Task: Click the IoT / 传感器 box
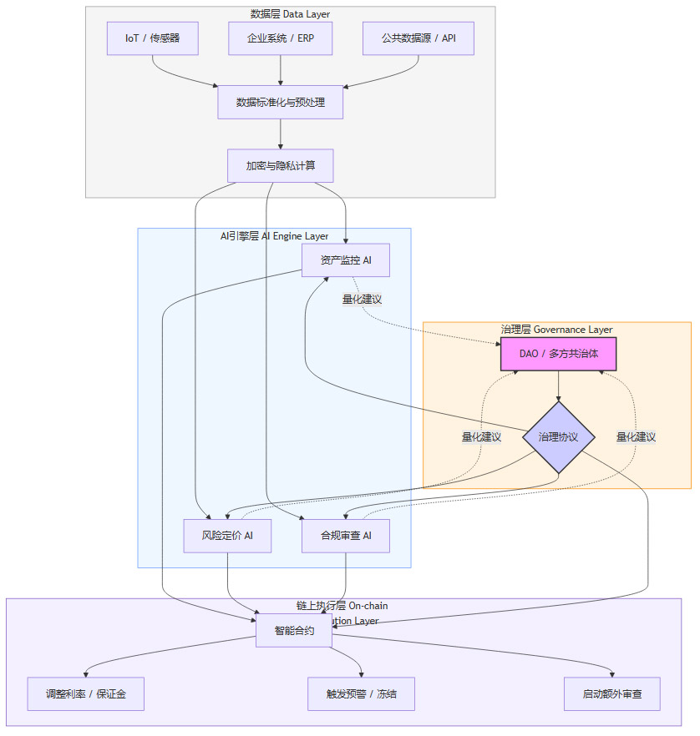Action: click(152, 38)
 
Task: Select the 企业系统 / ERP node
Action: click(280, 38)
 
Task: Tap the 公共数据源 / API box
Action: click(418, 38)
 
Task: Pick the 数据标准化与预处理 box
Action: click(280, 102)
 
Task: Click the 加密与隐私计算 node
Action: click(280, 165)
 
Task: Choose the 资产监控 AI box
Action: click(345, 260)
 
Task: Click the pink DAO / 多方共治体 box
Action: click(558, 354)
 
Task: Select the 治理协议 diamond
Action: click(558, 436)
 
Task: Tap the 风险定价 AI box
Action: click(227, 536)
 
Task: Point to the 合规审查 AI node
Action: click(345, 536)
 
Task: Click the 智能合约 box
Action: click(293, 631)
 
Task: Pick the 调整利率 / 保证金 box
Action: click(85, 693)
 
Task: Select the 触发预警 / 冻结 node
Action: click(361, 693)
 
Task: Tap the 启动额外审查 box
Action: click(611, 693)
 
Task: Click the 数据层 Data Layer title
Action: click(290, 13)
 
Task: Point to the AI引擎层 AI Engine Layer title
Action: click(274, 236)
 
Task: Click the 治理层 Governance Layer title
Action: click(556, 330)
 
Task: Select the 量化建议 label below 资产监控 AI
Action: click(362, 299)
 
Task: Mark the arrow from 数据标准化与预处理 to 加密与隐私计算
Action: click(280, 134)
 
